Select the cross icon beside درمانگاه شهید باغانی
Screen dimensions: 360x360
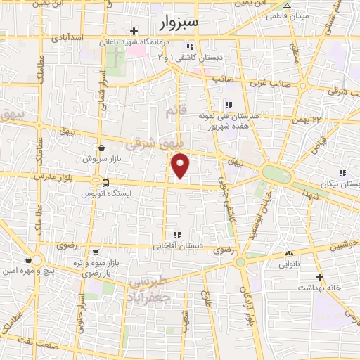(134, 31)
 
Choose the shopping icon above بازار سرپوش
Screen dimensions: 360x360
(102, 148)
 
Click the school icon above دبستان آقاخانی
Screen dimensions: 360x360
(176, 235)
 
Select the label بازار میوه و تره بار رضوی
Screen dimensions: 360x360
(101, 266)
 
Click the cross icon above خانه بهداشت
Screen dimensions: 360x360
(319, 277)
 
